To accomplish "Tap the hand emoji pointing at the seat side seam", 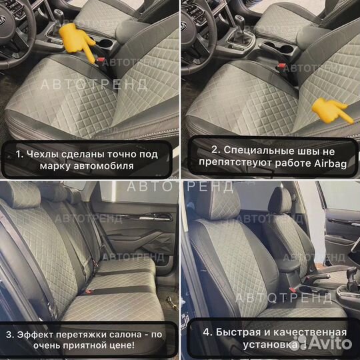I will point(331,111).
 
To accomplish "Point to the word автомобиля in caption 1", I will point(101,165).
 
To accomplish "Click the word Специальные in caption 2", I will point(250,153).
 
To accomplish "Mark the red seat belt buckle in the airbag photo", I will point(281,65).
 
